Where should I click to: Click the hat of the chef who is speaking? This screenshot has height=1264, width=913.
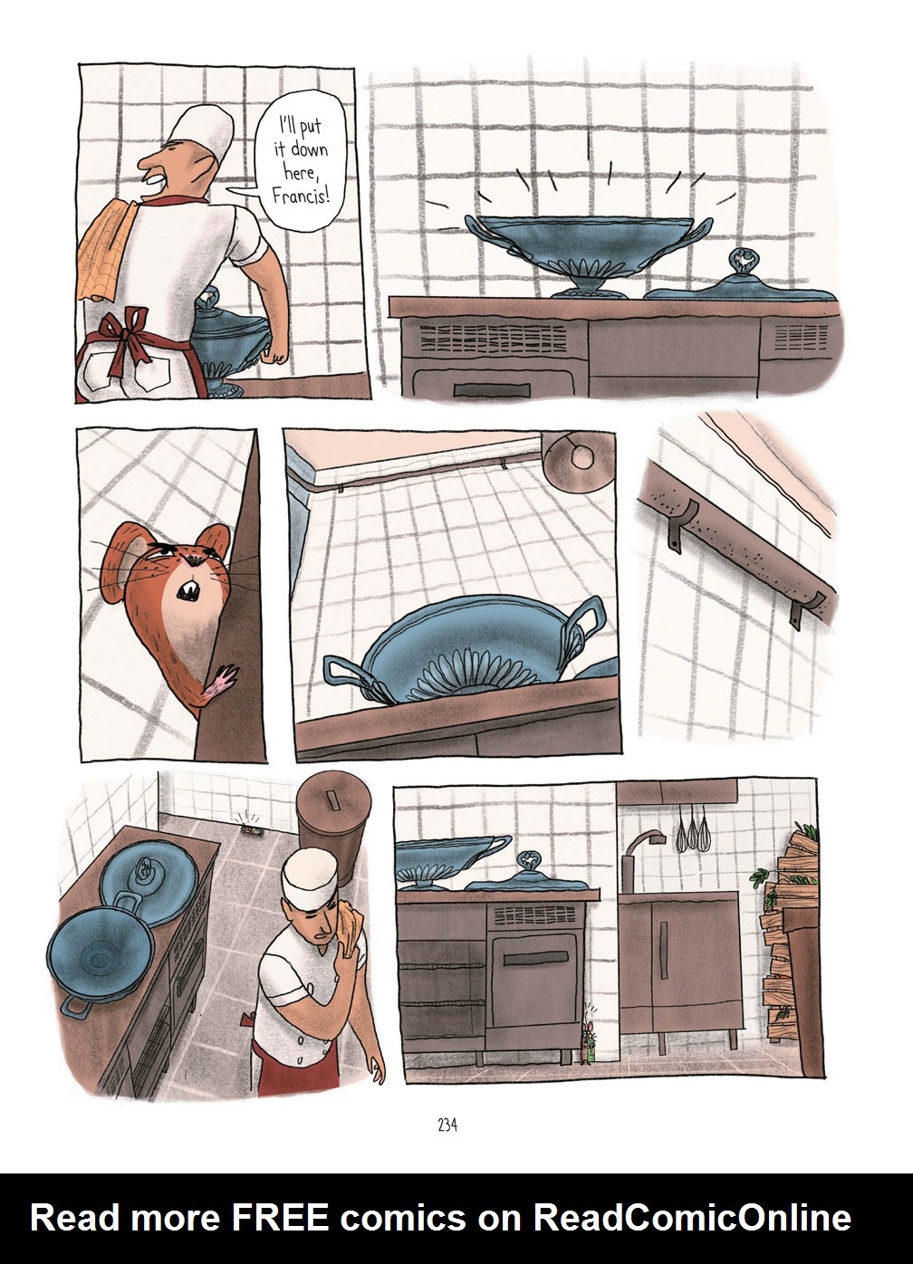(x=205, y=131)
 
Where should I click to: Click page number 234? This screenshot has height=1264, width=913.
(x=447, y=1125)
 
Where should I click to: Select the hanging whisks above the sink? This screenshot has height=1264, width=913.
(x=694, y=828)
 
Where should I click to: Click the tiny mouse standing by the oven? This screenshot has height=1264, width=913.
(x=590, y=1040)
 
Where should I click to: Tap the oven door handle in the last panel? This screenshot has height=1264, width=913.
(x=533, y=959)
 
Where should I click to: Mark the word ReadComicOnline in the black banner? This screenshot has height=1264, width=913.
(x=692, y=1218)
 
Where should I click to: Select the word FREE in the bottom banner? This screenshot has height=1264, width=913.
(x=281, y=1218)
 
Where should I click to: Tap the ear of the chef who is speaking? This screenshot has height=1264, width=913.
(x=211, y=167)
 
